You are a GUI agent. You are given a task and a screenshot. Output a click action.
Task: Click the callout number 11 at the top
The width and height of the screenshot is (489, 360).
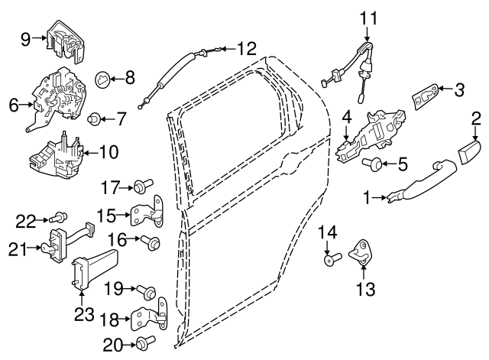(369, 17)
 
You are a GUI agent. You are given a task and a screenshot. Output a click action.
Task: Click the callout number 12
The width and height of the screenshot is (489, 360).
(246, 50)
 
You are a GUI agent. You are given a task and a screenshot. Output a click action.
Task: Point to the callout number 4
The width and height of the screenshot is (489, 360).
(346, 118)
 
